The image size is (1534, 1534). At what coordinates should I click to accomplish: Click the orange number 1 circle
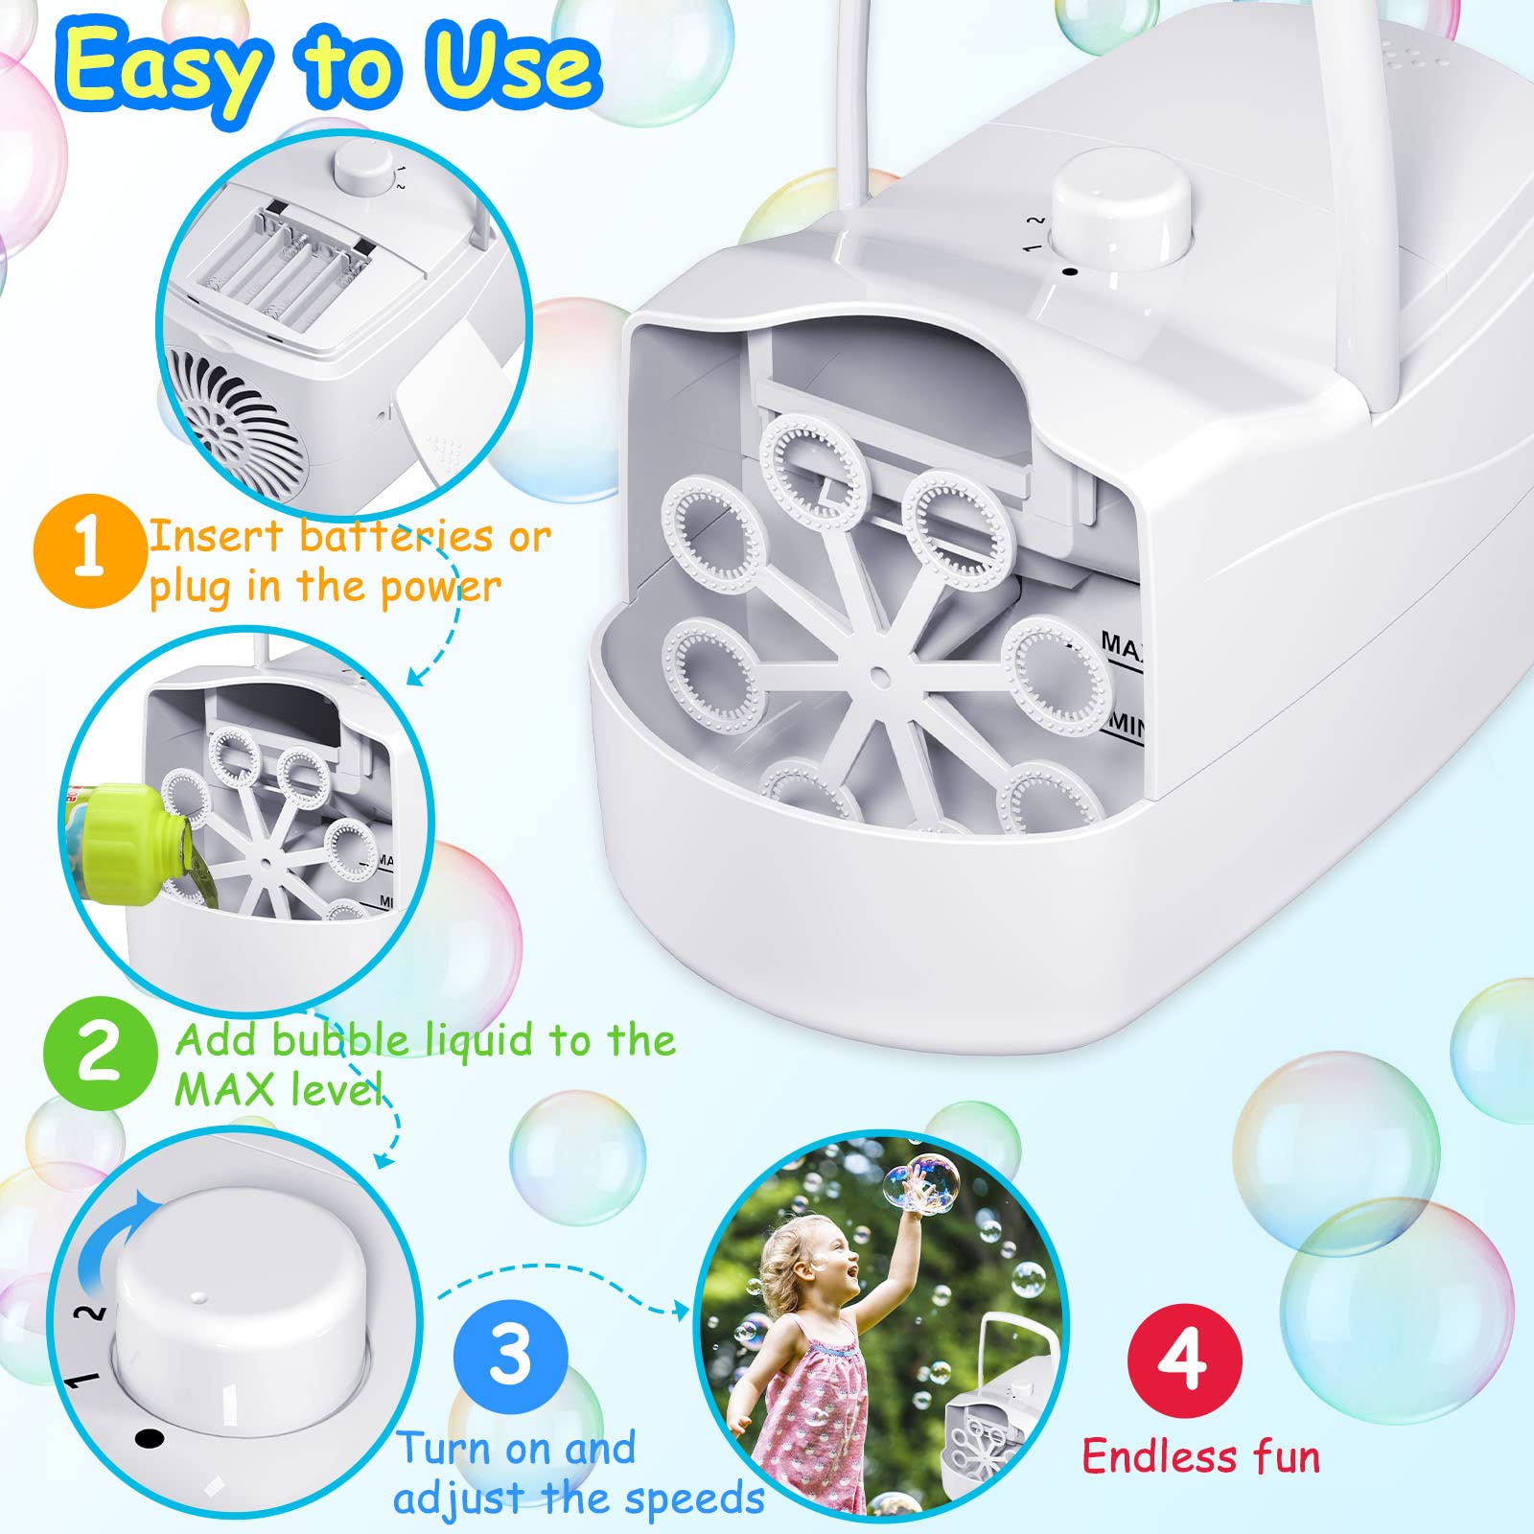(x=88, y=549)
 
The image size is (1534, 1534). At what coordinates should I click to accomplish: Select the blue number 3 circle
(x=510, y=1356)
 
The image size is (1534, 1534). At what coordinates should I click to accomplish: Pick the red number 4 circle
(x=1185, y=1360)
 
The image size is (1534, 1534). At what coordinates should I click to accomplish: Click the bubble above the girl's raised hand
(x=921, y=1182)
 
